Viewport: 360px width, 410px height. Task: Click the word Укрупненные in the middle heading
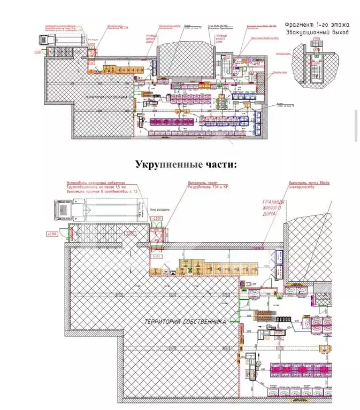click(x=165, y=164)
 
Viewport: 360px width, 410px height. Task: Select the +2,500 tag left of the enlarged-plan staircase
click(x=53, y=234)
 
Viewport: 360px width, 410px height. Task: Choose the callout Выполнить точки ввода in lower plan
click(x=309, y=183)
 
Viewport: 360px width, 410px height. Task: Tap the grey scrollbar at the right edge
click(x=356, y=125)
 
